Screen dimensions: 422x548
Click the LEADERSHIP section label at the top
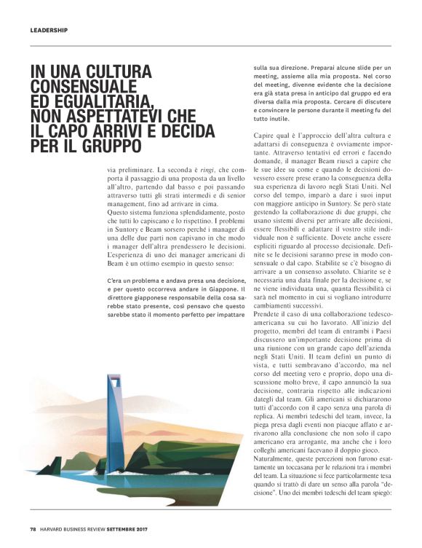(49, 31)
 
